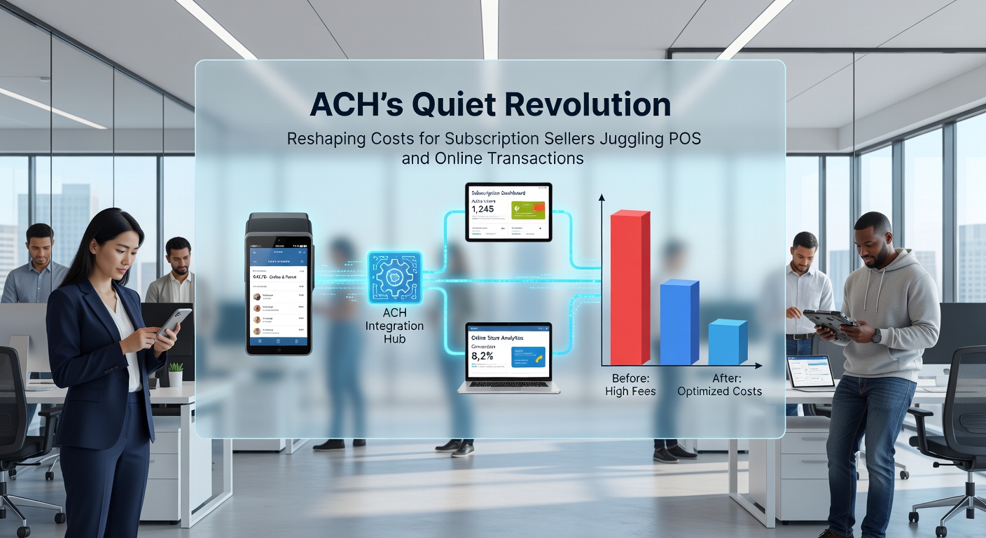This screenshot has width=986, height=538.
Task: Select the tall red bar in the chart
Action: pyautogui.click(x=630, y=287)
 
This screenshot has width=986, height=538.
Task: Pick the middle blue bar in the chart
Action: pyautogui.click(x=679, y=322)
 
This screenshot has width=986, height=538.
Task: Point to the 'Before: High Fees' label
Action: pyautogui.click(x=630, y=385)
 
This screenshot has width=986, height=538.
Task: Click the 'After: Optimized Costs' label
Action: pyautogui.click(x=719, y=385)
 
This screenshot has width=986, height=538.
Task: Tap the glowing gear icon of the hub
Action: pyautogui.click(x=395, y=277)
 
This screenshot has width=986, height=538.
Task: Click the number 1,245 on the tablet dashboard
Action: pyautogui.click(x=483, y=208)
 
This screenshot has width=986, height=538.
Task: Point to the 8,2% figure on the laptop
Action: pyautogui.click(x=482, y=357)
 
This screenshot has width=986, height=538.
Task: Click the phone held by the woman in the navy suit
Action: pyautogui.click(x=174, y=322)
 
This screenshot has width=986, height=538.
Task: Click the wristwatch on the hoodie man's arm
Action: pyautogui.click(x=877, y=336)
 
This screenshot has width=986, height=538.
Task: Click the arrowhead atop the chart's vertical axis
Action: pyautogui.click(x=601, y=198)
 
